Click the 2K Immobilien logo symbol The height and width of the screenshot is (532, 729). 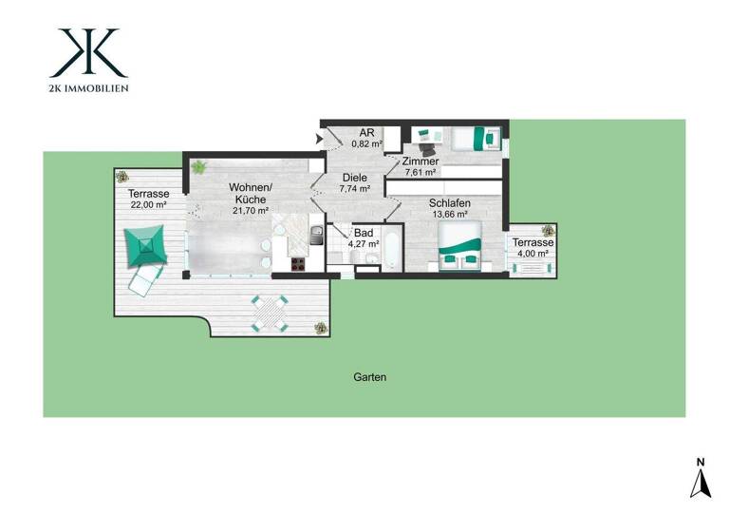pos(88,53)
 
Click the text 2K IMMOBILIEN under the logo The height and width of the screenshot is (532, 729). pos(88,88)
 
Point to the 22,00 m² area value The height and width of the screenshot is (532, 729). pos(147,205)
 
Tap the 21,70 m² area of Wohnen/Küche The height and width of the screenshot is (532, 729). pos(250,211)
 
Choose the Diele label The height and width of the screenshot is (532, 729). pos(354,178)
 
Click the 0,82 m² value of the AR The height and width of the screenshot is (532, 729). pos(366,144)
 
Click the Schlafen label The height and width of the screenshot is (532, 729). pos(448,203)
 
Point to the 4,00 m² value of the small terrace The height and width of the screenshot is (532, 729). pos(533,254)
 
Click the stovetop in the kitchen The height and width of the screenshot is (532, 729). pos(297,265)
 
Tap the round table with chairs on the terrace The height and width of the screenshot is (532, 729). pos(270,312)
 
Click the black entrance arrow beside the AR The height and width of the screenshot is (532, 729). pos(318,140)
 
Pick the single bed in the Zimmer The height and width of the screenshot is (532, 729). pos(474,139)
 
